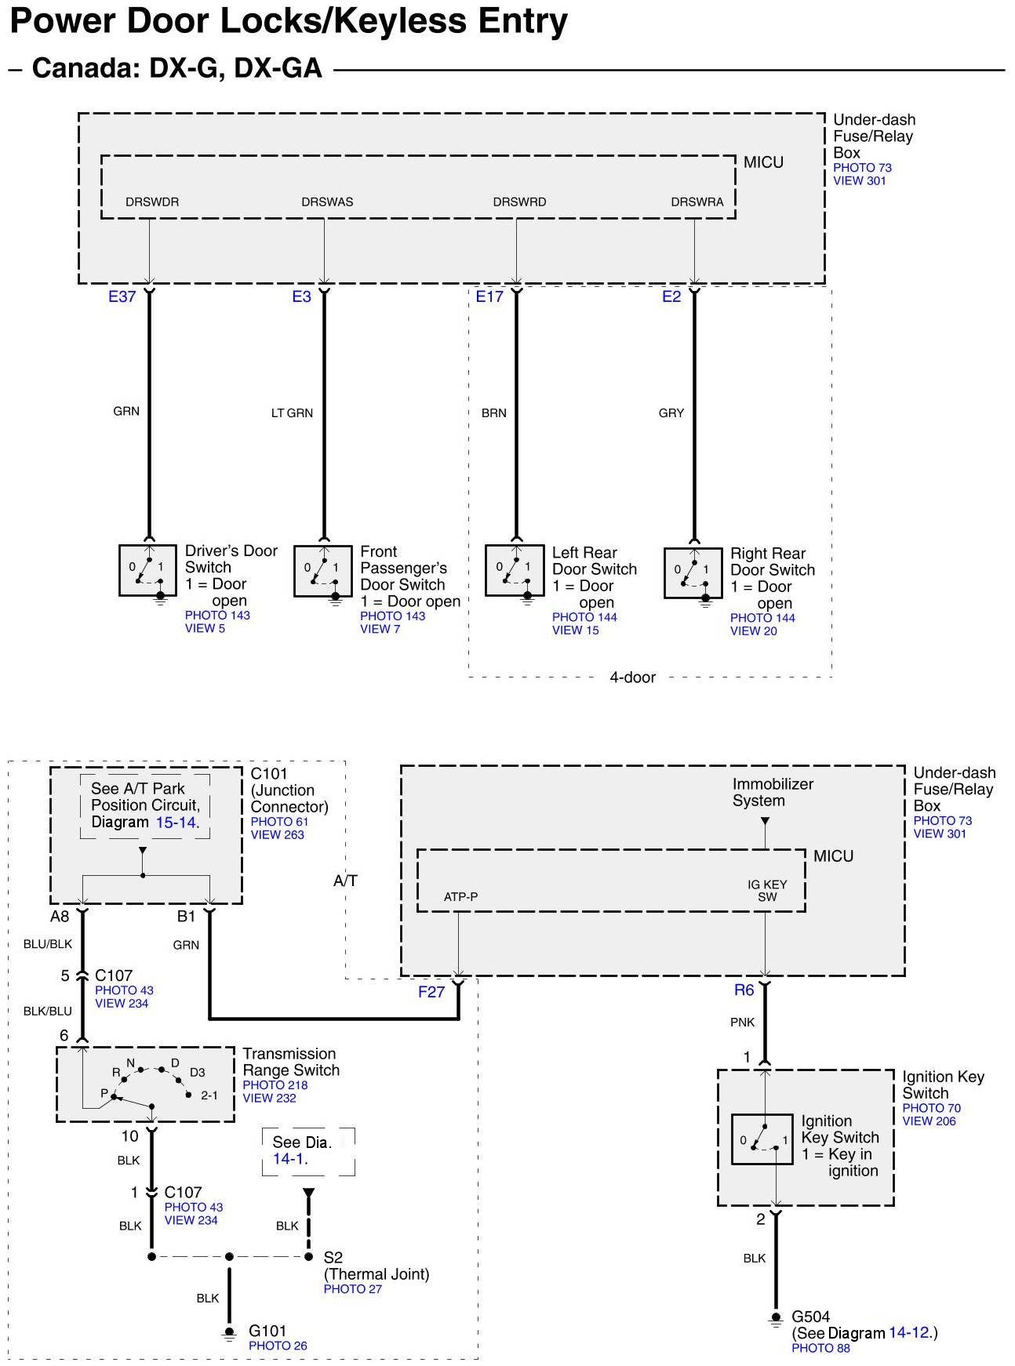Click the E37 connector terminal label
(122, 297)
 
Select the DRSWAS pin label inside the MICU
(327, 202)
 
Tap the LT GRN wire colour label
(292, 413)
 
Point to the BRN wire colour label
(493, 413)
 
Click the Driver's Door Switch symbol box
(147, 570)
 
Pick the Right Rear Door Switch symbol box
(693, 573)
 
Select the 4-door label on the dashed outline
(632, 678)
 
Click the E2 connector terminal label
(671, 297)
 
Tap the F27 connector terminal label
(431, 992)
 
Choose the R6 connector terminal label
(744, 990)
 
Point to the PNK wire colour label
(742, 1023)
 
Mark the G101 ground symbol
(229, 1332)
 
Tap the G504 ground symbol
(776, 1318)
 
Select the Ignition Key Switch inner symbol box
(762, 1139)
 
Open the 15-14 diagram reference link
(176, 823)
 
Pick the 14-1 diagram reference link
(290, 1159)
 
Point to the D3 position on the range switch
(197, 1072)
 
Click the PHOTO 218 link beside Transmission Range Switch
(275, 1085)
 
